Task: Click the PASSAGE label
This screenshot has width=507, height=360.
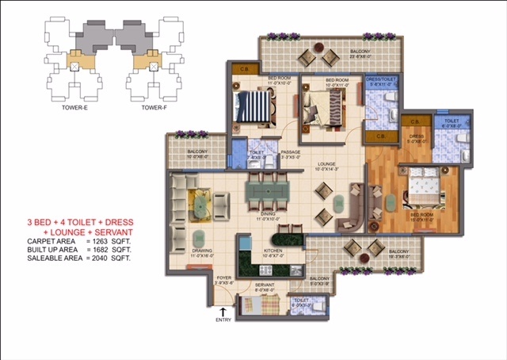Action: click(x=290, y=152)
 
